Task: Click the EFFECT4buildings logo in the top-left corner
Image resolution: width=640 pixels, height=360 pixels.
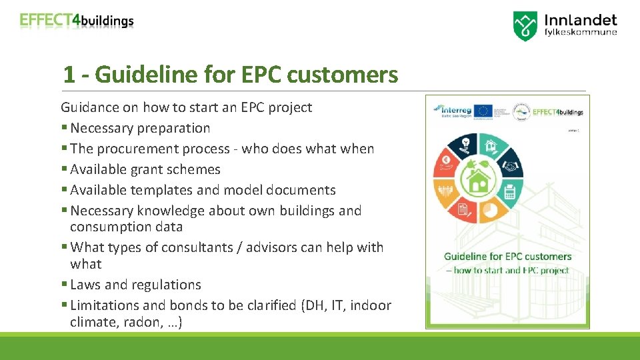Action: click(x=77, y=21)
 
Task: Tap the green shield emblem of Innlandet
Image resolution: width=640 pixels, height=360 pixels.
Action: click(x=525, y=26)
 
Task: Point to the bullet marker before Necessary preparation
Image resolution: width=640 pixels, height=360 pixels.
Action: click(x=64, y=128)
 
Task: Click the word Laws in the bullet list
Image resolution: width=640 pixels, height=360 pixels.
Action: click(x=85, y=285)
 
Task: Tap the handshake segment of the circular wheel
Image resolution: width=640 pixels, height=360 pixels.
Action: click(x=510, y=165)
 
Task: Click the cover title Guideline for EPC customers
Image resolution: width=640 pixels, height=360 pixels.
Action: click(x=507, y=257)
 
